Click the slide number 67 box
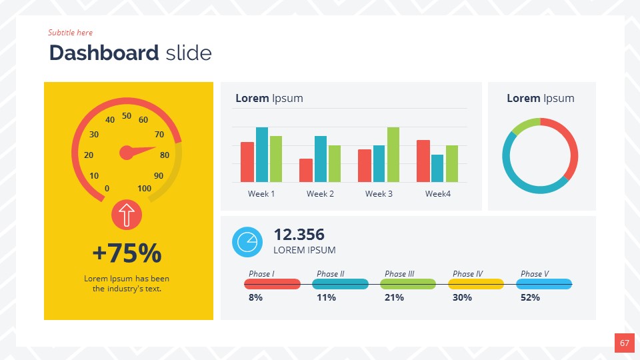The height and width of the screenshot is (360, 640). pos(624,343)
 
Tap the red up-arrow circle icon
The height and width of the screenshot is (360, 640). pos(127,215)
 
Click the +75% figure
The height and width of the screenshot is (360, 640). pos(127,253)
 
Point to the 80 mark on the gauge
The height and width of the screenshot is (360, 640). pos(165,155)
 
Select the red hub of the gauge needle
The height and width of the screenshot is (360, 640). pos(126,153)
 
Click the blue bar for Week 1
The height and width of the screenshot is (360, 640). pos(262,155)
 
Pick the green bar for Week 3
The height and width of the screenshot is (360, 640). pos(393,155)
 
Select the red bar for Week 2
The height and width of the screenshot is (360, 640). pos(306,170)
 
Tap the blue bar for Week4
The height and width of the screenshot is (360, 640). pos(437,168)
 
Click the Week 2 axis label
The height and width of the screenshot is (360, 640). pos(320,194)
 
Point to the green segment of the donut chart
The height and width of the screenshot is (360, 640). pos(525,125)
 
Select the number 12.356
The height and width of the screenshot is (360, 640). pos(299,235)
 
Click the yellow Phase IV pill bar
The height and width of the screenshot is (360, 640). pos(475,284)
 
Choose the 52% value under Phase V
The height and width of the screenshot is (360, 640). pos(530,298)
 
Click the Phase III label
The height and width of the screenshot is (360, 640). pos(399,274)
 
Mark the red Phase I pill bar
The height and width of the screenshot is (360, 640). pos(272,284)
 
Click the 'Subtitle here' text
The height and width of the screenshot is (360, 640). pos(70,33)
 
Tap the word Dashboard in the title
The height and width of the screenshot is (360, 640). pos(103,53)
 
